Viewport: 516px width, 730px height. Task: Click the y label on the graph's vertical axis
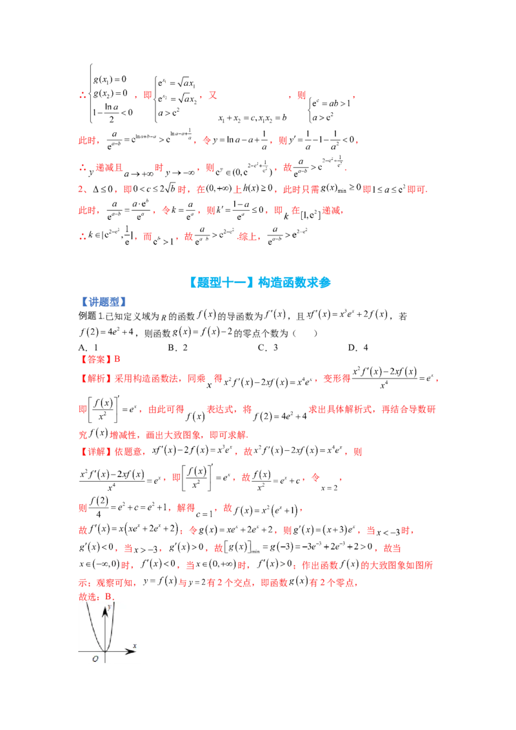coord(110,607)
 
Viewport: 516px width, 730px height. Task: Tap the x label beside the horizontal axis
coord(134,645)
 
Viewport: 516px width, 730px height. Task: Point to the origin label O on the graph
coord(95,658)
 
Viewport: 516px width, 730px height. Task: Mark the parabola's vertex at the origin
coord(104,651)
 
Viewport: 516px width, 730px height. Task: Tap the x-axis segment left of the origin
coord(90,651)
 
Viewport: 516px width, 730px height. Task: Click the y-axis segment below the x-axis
coord(104,658)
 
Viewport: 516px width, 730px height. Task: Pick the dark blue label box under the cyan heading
coord(105,302)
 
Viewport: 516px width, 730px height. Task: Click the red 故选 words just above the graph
coord(86,595)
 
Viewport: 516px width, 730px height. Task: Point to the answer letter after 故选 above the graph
coord(109,595)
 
